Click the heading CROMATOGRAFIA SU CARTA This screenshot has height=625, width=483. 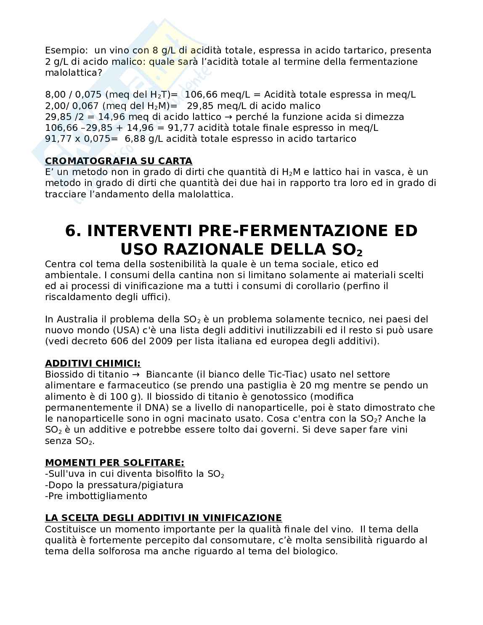point(118,161)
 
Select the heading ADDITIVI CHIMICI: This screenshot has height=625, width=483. point(93,363)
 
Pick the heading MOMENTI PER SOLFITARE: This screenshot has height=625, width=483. point(114,463)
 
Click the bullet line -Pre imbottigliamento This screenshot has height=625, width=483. point(96,496)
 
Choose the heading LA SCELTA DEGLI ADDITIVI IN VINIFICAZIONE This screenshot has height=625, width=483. point(163,518)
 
